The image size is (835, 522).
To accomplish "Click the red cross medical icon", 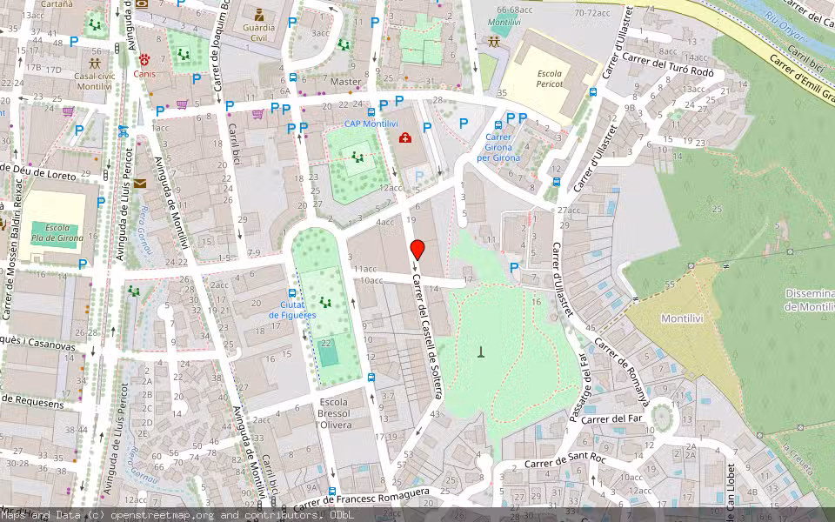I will [x=404, y=137].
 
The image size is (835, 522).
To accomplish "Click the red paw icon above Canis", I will [x=144, y=60].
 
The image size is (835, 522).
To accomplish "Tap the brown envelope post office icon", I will [x=140, y=184].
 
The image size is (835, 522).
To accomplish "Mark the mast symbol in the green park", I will [x=480, y=351].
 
